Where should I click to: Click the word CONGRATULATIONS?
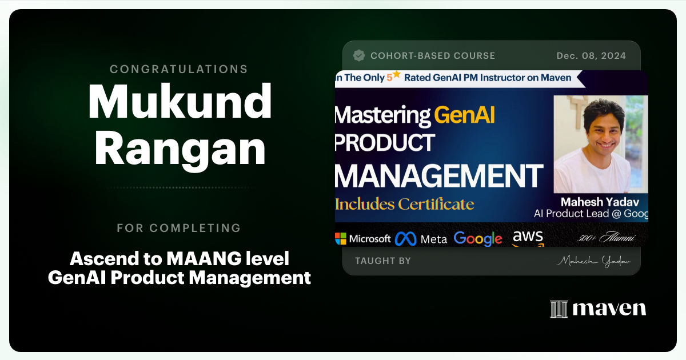[x=179, y=69]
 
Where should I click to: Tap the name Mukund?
[x=180, y=102]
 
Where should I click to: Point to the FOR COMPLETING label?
[x=179, y=228]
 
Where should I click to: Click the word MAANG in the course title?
[x=199, y=259]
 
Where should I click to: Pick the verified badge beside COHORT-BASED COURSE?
[x=359, y=55]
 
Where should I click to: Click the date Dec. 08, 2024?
[x=591, y=55]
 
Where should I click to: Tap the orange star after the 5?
[x=397, y=75]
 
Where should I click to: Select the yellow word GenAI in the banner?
[x=465, y=115]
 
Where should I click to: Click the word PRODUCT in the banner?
[x=385, y=143]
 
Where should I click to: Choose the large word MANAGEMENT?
[x=438, y=175]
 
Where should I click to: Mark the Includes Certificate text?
[x=405, y=203]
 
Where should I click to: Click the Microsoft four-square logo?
[x=341, y=238]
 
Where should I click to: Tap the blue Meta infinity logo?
[x=406, y=238]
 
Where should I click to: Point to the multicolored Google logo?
[x=478, y=238]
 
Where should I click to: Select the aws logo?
[x=528, y=237]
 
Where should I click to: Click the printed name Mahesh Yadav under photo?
[x=600, y=202]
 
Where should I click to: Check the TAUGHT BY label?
[x=382, y=261]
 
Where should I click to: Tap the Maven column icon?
[x=558, y=309]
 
